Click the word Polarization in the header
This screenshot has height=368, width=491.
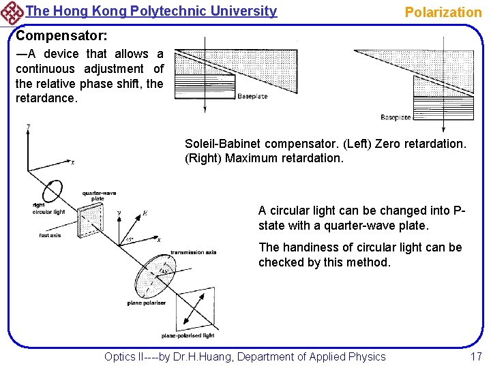443,12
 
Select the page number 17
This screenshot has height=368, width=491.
475,356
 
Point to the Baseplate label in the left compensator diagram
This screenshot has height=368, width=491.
252,96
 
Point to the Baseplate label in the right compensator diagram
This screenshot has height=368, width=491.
396,117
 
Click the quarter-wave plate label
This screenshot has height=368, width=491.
93,196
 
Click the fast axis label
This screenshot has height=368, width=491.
50,236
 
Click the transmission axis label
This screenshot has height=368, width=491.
193,252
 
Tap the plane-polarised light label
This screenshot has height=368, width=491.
188,335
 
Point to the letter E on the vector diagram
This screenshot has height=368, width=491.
144,213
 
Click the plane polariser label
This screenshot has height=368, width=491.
147,302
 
